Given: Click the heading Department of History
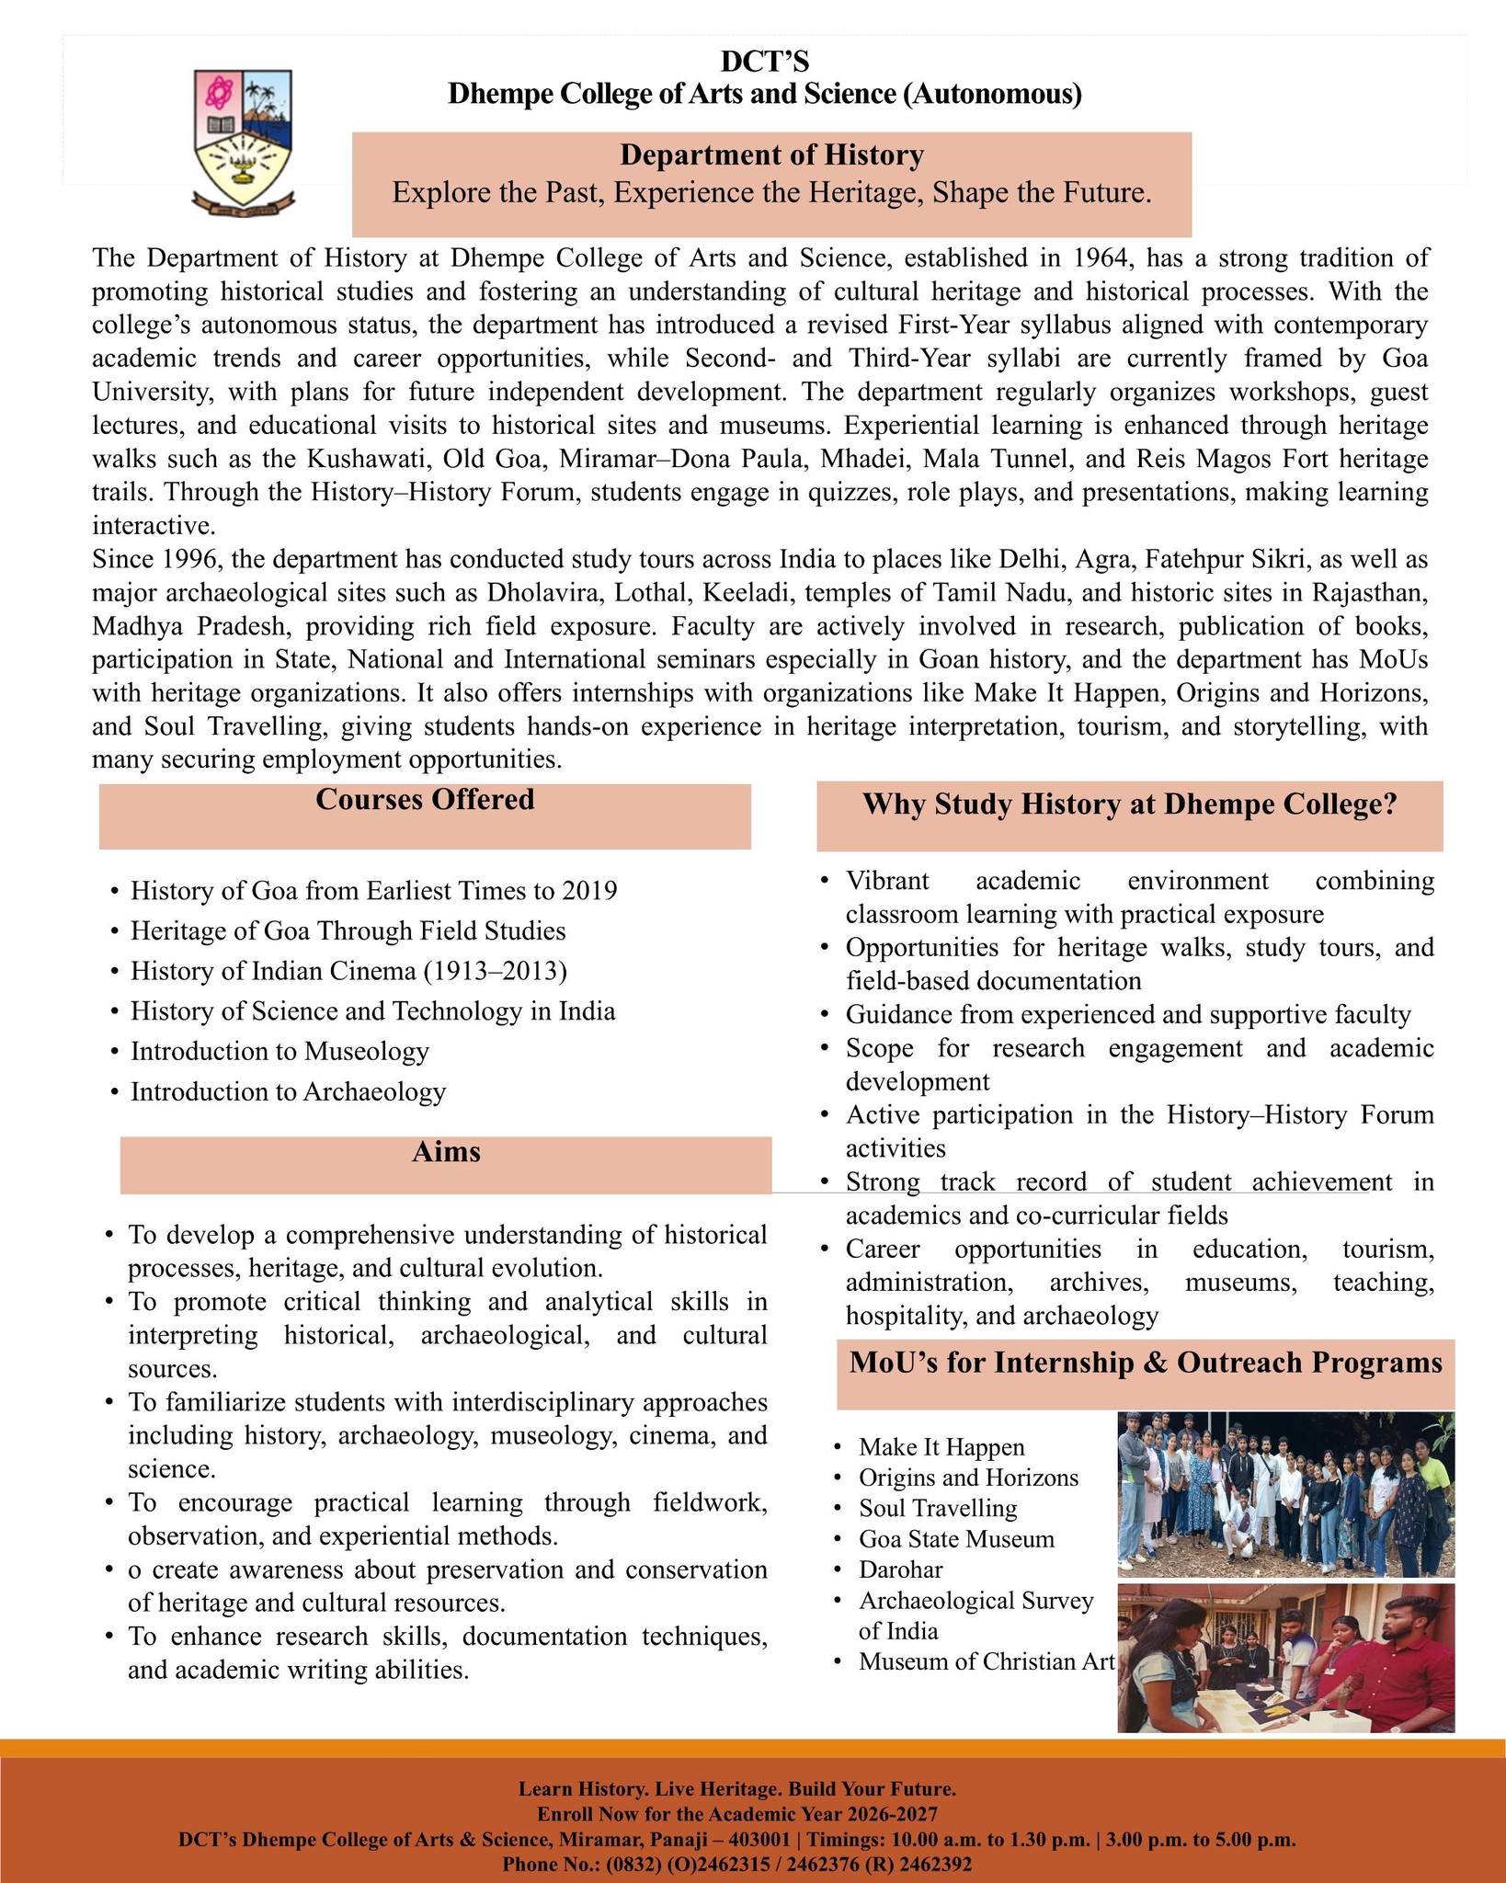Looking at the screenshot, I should [771, 155].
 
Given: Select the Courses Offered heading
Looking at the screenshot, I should [425, 800].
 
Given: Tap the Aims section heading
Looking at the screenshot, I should [446, 1152].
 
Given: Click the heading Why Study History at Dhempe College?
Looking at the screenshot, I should [1129, 805].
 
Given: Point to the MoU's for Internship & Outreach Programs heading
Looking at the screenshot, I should [1146, 1363].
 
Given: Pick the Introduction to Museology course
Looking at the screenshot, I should [280, 1051].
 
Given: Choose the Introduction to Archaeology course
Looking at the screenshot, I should [288, 1091].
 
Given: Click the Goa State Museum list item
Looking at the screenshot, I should [956, 1539].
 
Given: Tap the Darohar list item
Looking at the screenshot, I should [900, 1569].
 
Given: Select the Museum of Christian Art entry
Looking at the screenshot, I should [986, 1661].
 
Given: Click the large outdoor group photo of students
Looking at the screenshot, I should [1285, 1495].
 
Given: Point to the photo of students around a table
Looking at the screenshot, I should [1285, 1658].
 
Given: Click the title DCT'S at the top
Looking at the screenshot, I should [764, 62].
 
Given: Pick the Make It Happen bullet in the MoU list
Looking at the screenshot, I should [941, 1447].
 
